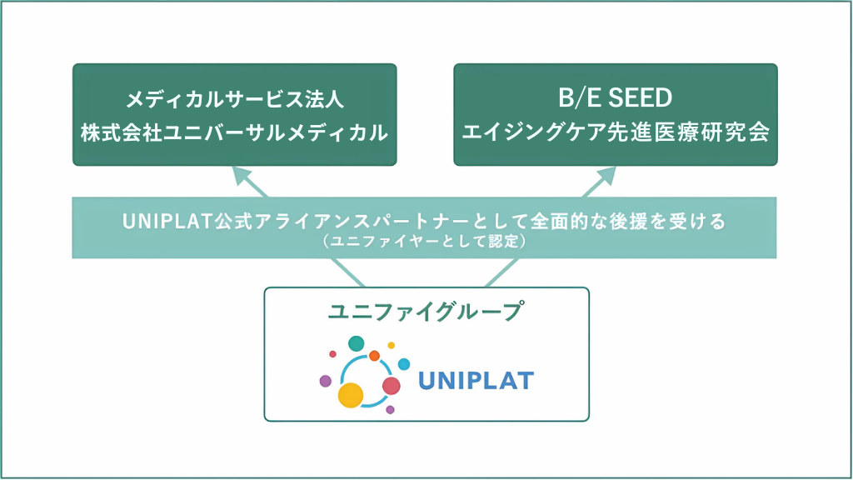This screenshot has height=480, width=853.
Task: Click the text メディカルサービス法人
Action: (x=234, y=100)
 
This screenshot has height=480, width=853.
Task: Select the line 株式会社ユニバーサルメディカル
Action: (x=234, y=132)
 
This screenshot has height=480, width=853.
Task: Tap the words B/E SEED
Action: (x=616, y=98)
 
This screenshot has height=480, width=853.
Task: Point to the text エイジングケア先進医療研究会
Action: (x=616, y=132)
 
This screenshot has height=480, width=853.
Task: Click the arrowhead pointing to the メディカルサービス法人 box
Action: (x=242, y=176)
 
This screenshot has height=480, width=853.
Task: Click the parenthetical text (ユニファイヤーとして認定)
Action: (x=424, y=241)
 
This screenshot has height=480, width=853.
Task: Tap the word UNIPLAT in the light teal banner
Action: (x=167, y=222)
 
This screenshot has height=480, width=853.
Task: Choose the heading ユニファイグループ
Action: (x=426, y=312)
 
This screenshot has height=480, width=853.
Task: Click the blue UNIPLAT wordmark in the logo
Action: (x=476, y=381)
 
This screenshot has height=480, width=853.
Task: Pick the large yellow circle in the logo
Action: (x=351, y=395)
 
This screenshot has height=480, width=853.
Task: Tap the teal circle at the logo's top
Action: (x=357, y=344)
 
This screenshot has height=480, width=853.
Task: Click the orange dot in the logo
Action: (x=374, y=356)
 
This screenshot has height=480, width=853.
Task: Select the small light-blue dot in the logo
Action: (x=404, y=364)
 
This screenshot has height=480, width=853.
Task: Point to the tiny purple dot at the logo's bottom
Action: (x=390, y=410)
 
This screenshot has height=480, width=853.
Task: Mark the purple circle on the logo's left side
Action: (x=326, y=381)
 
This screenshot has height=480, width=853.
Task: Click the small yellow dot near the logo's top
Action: (x=392, y=346)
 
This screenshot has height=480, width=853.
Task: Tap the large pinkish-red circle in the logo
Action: (x=392, y=386)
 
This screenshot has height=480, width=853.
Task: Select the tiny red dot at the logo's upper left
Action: (x=333, y=354)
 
